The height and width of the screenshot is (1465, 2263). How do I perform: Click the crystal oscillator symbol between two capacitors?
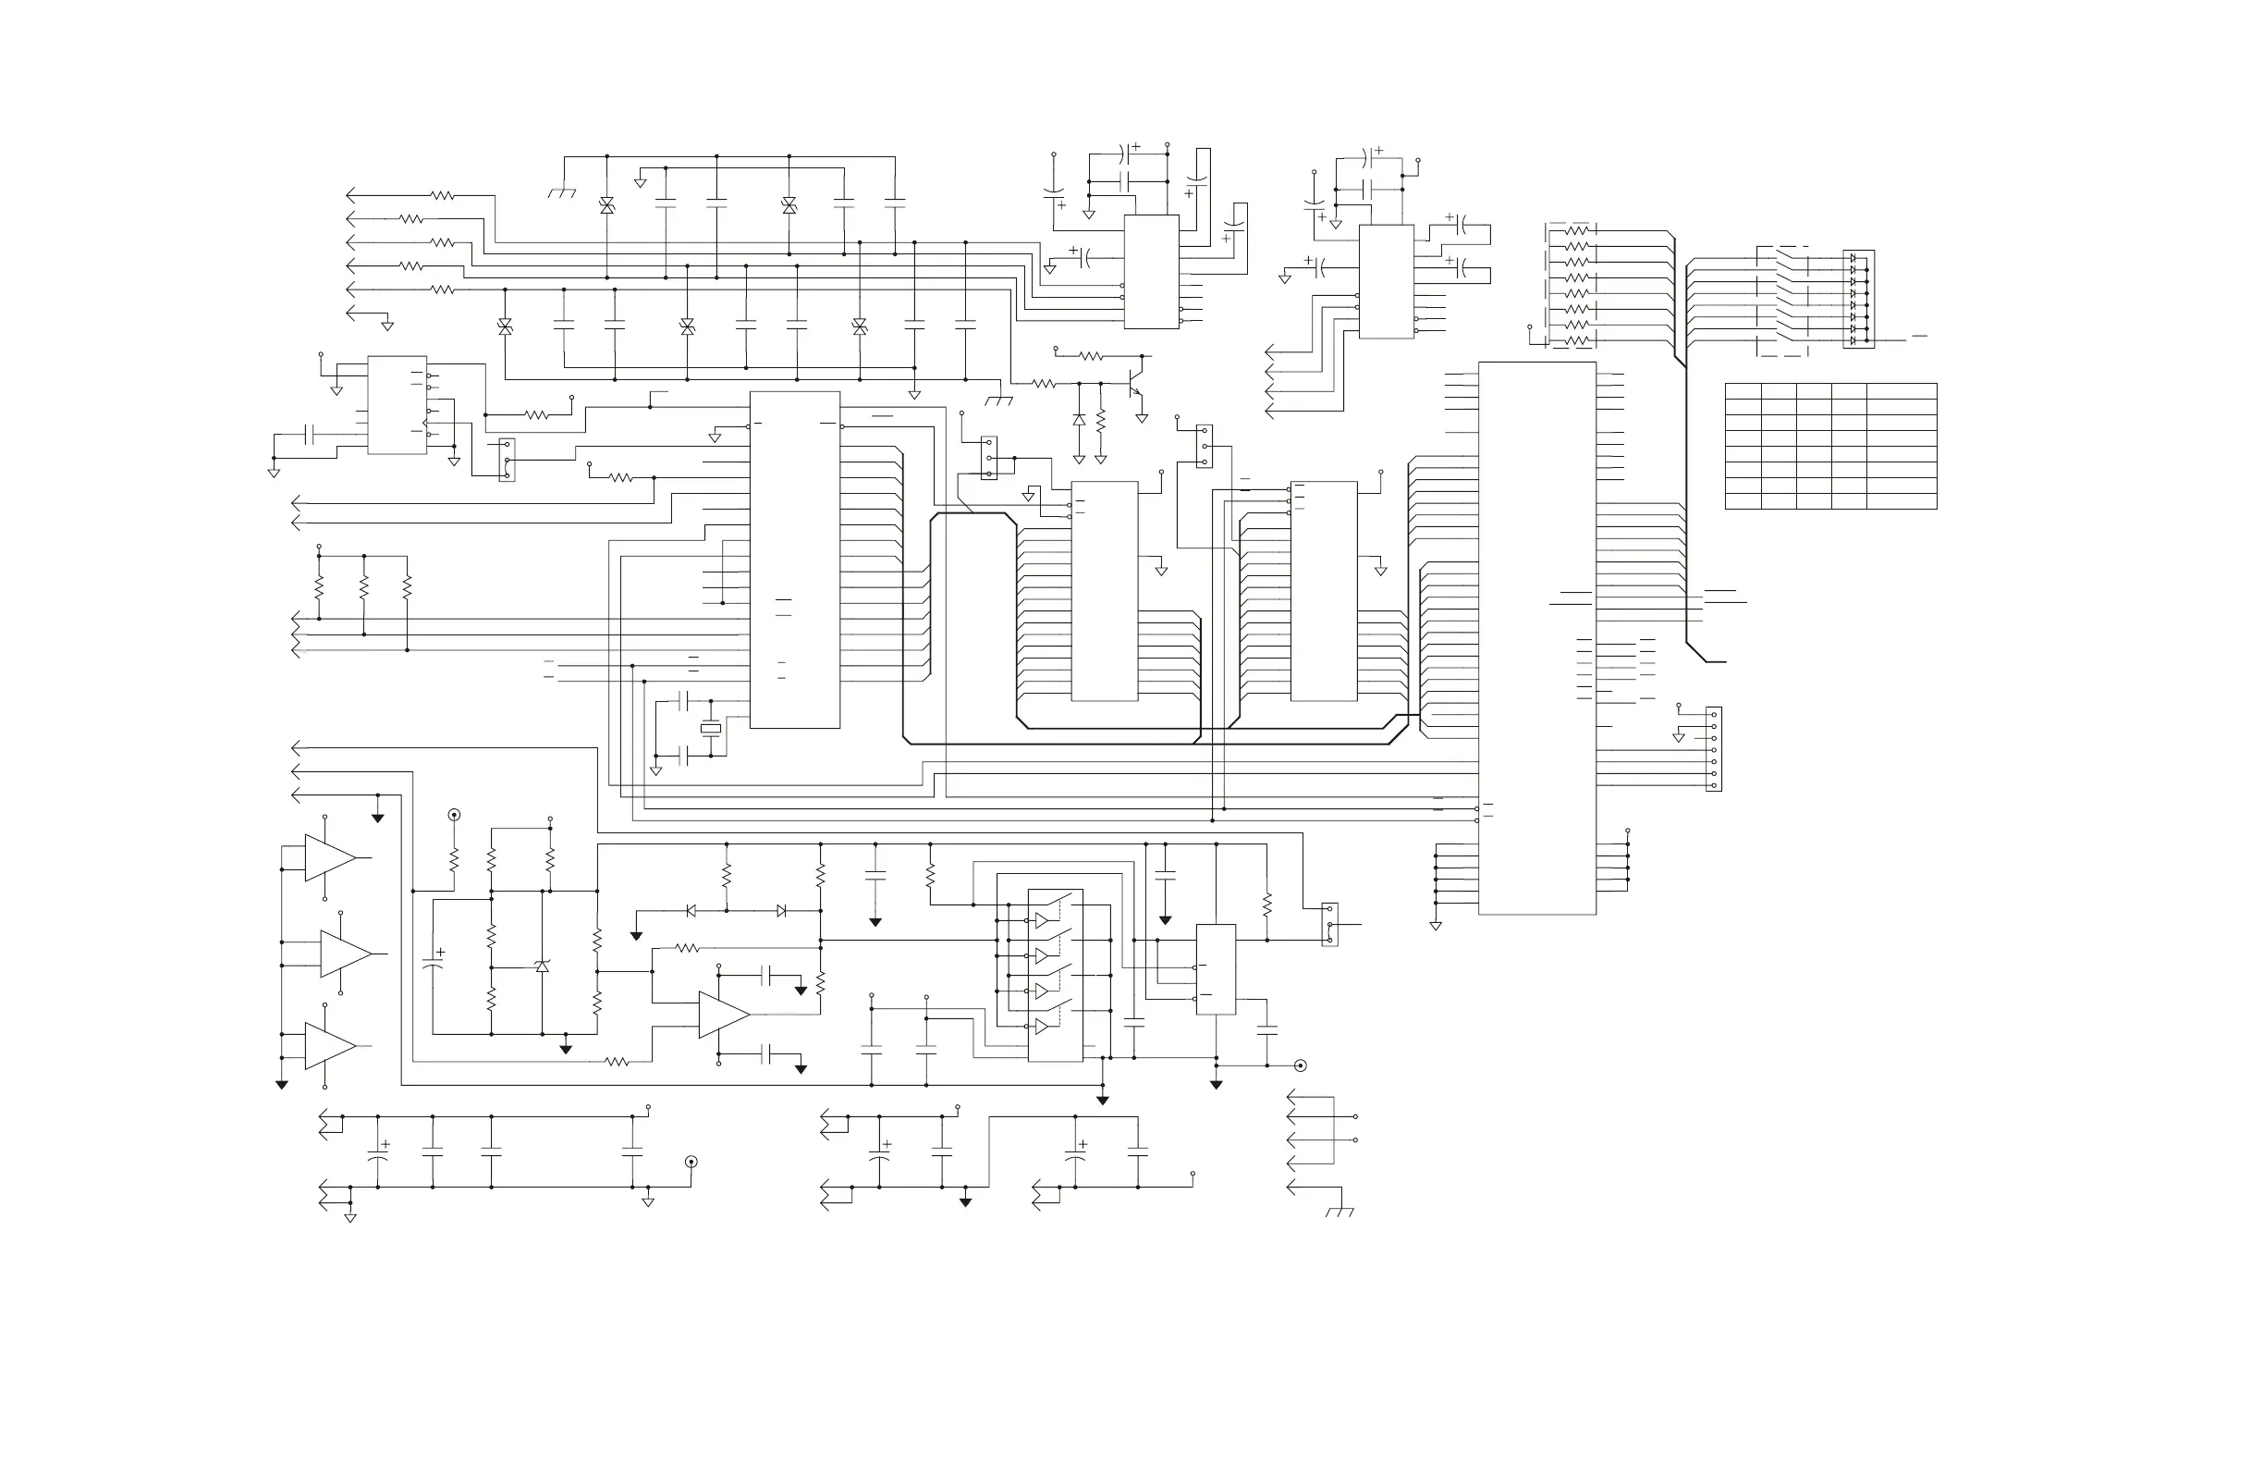710,729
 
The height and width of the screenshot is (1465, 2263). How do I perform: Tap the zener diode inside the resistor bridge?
542,966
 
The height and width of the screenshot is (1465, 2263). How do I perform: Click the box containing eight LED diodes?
1858,299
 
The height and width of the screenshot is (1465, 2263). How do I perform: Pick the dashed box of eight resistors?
1570,286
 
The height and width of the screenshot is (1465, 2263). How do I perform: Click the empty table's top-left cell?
1742,391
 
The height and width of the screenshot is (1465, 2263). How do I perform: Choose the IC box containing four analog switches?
1055,975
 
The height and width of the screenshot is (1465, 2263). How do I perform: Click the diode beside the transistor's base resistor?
1078,420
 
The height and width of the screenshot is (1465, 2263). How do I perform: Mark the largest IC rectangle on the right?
1536,637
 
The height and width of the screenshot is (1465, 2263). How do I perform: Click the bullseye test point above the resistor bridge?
454,815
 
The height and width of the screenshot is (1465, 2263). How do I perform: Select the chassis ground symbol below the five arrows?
1339,1212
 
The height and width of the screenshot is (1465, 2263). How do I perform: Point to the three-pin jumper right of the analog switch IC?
1329,924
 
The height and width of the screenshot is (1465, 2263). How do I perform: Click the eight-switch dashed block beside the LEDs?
1783,301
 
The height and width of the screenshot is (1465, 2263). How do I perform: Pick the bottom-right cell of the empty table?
1901,501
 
